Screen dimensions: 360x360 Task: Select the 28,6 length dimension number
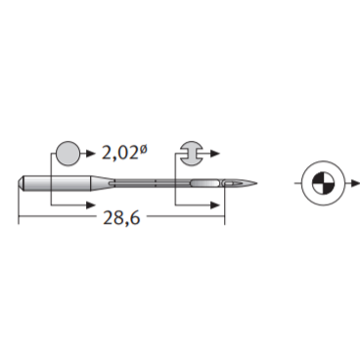point(121,217)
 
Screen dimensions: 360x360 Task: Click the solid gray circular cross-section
point(68,154)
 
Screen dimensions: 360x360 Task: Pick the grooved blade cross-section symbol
point(191,154)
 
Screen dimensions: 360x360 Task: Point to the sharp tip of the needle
point(257,183)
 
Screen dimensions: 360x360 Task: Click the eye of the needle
point(231,184)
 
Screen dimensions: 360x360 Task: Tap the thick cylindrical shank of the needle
point(57,183)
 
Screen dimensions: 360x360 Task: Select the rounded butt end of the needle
point(21,183)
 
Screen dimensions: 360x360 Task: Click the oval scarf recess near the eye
point(205,183)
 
